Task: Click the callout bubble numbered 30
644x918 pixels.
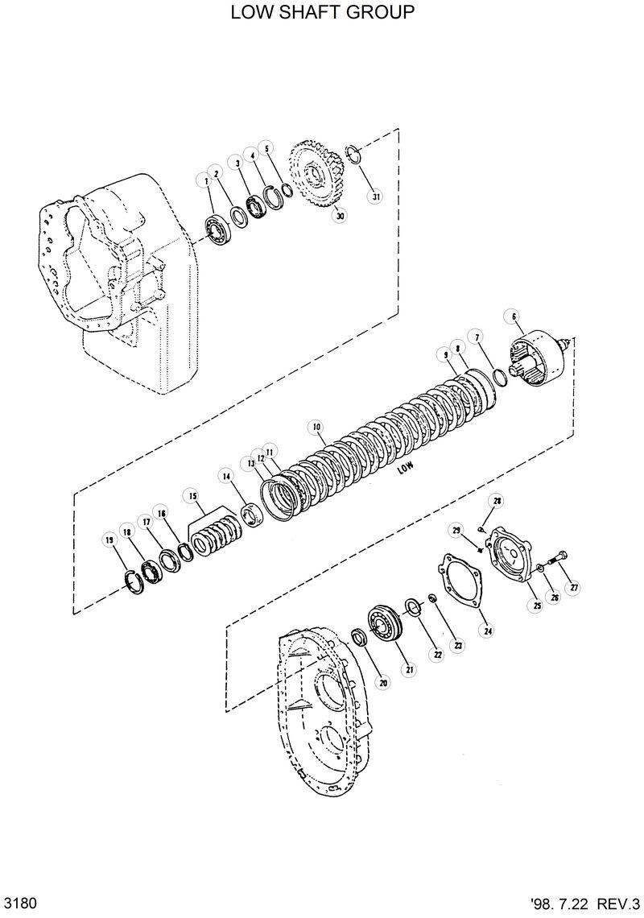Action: [340, 216]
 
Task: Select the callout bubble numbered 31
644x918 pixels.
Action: [375, 196]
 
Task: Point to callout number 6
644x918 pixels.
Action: [514, 316]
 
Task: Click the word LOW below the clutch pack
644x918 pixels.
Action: [404, 466]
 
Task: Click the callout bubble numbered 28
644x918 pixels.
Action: [497, 501]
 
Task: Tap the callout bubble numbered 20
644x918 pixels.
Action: [383, 683]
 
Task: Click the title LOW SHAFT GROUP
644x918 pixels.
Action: [322, 13]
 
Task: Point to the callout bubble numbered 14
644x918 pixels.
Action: [228, 478]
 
